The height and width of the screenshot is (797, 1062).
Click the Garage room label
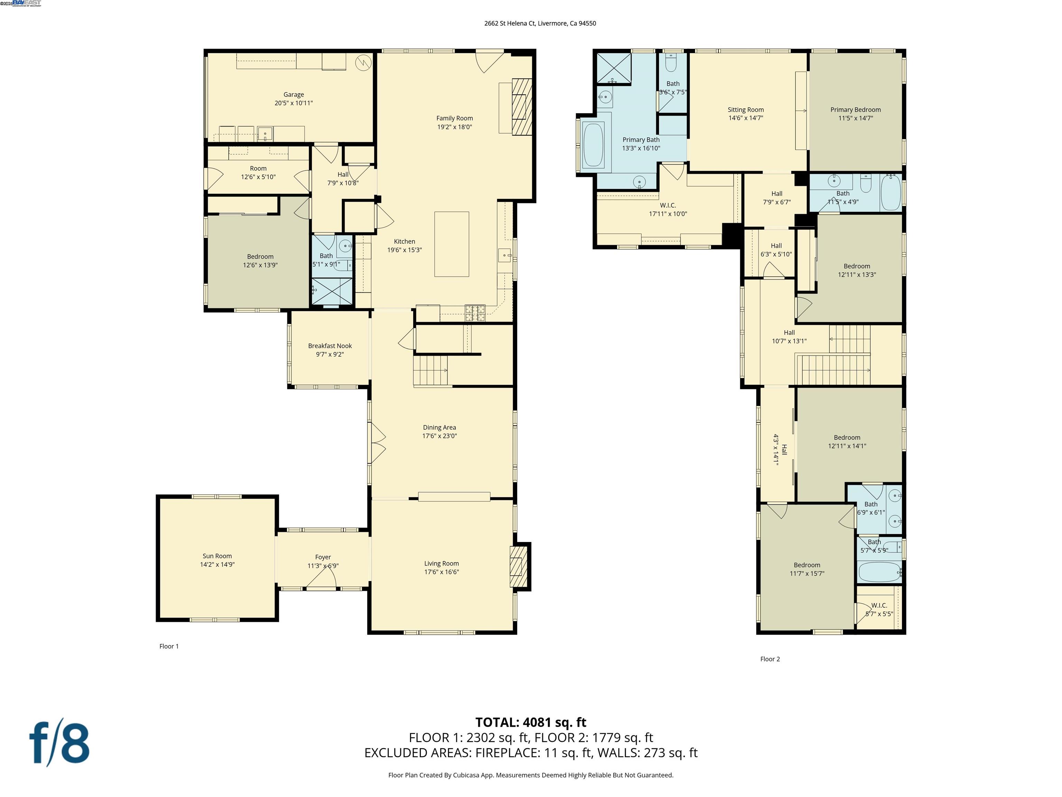(x=294, y=95)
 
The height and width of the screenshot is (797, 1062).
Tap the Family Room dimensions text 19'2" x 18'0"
(x=454, y=127)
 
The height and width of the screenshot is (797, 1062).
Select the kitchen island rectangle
(x=451, y=244)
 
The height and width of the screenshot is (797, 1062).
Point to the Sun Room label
(x=217, y=556)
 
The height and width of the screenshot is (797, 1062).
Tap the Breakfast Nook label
(x=330, y=346)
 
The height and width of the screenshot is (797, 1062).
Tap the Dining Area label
(x=439, y=428)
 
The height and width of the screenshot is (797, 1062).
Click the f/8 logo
(x=59, y=743)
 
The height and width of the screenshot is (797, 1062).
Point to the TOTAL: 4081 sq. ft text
(x=531, y=722)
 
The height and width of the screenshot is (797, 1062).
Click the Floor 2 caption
(x=770, y=659)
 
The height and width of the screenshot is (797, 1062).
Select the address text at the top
(x=540, y=23)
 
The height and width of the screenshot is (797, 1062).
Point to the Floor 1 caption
(x=169, y=646)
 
